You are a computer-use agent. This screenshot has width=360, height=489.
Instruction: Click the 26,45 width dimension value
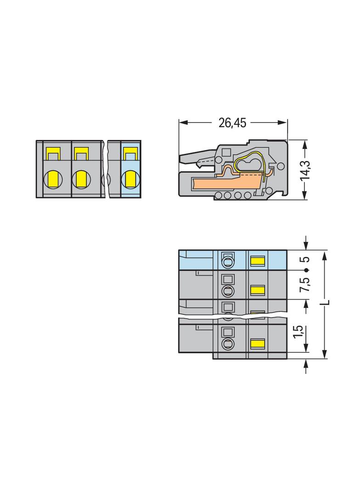pyautogui.click(x=232, y=123)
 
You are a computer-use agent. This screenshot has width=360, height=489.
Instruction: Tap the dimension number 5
pyautogui.click(x=306, y=259)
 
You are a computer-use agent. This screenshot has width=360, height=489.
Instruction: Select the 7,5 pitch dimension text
pyautogui.click(x=305, y=284)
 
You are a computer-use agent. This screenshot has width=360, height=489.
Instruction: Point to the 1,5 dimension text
pyautogui.click(x=298, y=331)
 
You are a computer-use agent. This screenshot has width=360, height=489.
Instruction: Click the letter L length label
pyautogui.click(x=327, y=303)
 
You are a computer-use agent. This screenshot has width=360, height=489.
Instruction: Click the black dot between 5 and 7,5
pyautogui.click(x=306, y=270)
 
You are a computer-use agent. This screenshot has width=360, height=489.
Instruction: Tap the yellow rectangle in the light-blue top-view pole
pyautogui.click(x=258, y=261)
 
